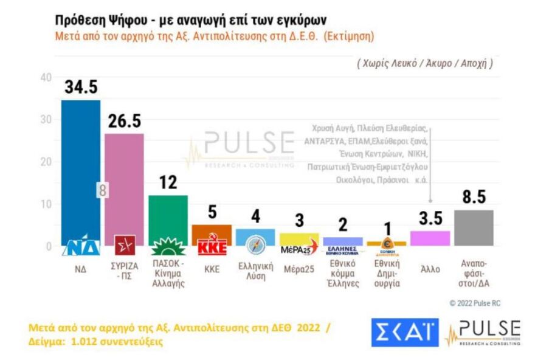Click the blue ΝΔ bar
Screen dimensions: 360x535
click(x=81, y=170)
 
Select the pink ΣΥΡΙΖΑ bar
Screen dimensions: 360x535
click(x=124, y=182)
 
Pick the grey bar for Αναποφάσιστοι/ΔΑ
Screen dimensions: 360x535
click(x=474, y=227)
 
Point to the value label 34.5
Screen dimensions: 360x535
click(x=81, y=88)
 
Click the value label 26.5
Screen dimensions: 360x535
click(x=125, y=122)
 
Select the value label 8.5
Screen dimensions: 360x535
click(x=474, y=198)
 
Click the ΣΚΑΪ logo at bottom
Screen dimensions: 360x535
click(x=404, y=331)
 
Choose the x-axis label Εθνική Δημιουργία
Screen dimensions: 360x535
click(x=387, y=275)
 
